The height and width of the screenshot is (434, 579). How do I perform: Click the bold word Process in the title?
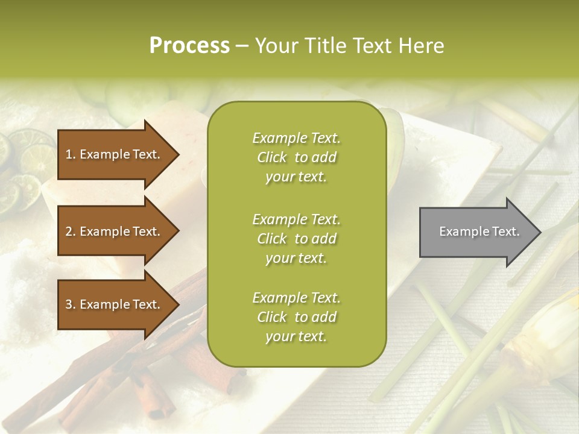189,46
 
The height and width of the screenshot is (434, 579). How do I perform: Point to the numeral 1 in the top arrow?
68,154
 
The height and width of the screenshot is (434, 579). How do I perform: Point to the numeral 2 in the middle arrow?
69,231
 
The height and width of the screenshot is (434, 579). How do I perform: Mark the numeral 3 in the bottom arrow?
69,304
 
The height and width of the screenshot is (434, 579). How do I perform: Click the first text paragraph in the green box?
296,157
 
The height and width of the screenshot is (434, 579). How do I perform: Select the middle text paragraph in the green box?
296,239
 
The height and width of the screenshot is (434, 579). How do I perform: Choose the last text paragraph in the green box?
296,317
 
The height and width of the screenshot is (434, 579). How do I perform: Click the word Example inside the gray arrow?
458,231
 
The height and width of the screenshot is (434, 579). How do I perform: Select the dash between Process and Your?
242,46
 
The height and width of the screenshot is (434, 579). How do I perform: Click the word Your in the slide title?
274,46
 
